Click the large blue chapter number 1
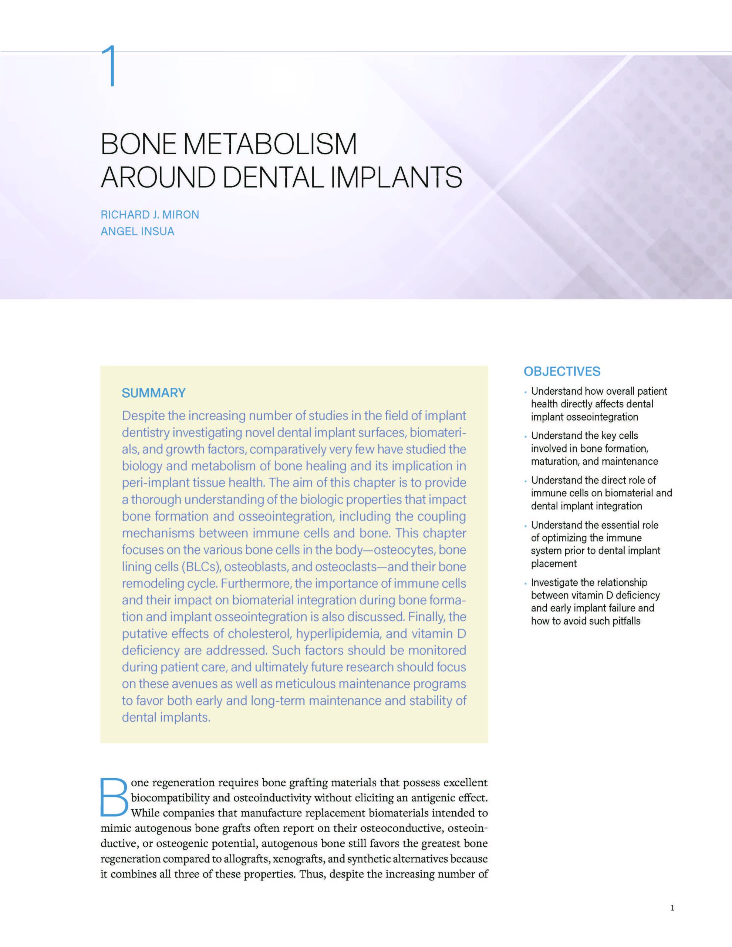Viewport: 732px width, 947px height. (109, 66)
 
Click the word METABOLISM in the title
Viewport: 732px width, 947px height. (270, 144)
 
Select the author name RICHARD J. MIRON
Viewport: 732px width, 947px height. (149, 215)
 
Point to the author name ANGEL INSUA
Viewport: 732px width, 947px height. (138, 232)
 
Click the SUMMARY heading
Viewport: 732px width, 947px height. (154, 393)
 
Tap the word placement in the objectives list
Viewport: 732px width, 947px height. (554, 564)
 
